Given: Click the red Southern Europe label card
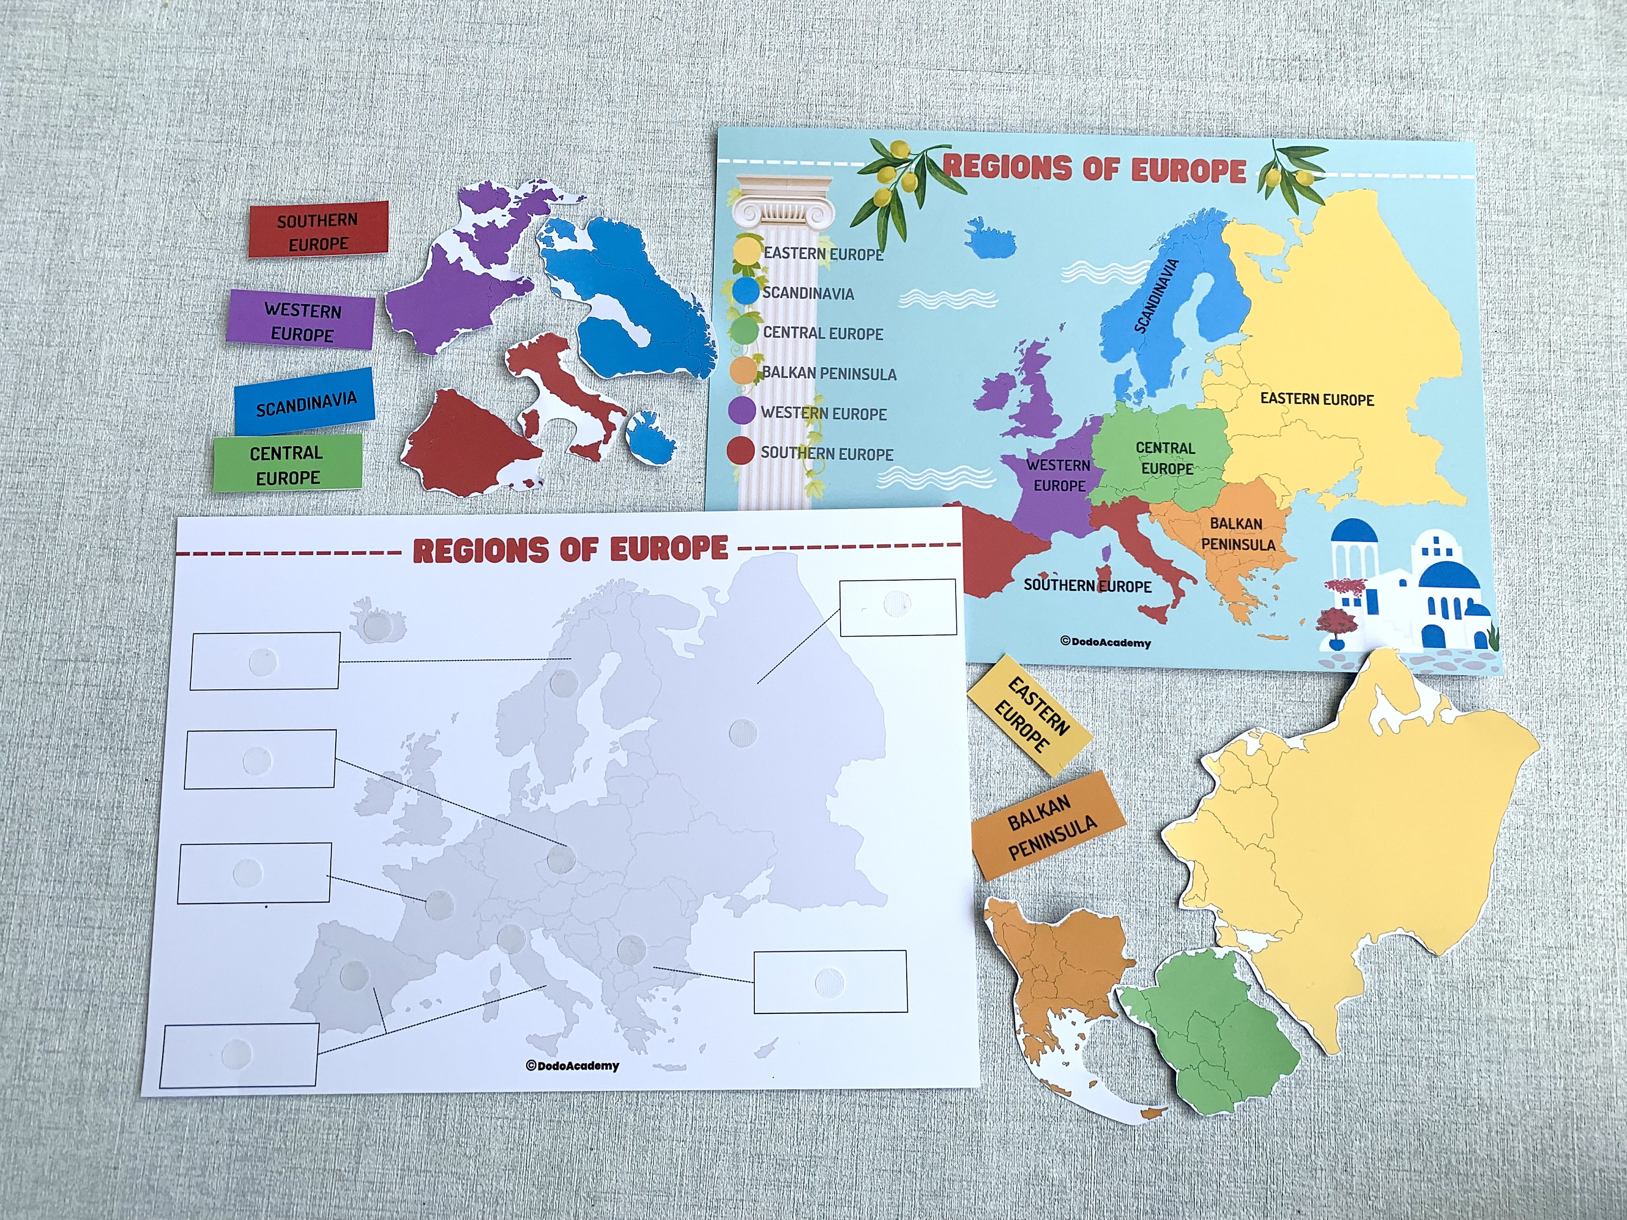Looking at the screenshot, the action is tap(318, 230).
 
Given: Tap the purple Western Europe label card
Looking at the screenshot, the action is tap(302, 322).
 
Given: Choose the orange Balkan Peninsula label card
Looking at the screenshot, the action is tap(1048, 826).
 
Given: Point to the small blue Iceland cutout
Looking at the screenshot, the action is tap(650, 437).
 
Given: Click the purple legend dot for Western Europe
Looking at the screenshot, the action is tap(741, 411).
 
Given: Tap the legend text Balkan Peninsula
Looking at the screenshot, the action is tap(829, 373).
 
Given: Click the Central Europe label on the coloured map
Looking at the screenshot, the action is tap(1165, 458).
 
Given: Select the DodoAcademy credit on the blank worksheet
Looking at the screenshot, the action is tap(572, 1065).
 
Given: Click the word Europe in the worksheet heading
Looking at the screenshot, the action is tap(669, 549).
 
